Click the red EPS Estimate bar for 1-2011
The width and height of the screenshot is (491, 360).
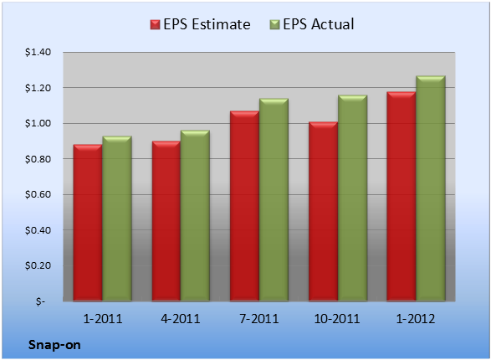click(x=88, y=223)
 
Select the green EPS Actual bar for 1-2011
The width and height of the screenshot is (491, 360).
click(x=117, y=219)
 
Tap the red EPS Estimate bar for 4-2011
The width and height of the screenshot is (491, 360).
click(x=166, y=221)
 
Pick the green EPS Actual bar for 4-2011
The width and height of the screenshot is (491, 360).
click(x=195, y=215)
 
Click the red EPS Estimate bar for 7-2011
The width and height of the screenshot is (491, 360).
click(x=244, y=206)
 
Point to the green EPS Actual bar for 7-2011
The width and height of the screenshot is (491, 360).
click(x=274, y=199)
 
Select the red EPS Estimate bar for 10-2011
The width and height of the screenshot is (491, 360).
click(x=323, y=211)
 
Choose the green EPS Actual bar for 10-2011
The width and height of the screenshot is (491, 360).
click(x=353, y=198)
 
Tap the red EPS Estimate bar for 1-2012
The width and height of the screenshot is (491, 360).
click(x=401, y=196)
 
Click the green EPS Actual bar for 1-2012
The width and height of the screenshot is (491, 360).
click(x=431, y=188)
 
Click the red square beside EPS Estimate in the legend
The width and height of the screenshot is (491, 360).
click(x=155, y=24)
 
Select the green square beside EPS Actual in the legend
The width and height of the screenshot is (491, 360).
click(x=274, y=24)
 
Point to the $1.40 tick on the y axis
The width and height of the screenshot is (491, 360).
click(x=38, y=52)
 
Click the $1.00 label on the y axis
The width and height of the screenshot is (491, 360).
click(x=38, y=123)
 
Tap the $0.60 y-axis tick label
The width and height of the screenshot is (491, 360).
click(x=38, y=194)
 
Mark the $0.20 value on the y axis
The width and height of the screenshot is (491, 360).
click(x=38, y=265)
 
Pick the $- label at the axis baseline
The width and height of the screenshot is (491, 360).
click(x=40, y=301)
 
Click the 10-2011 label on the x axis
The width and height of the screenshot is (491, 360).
click(x=337, y=319)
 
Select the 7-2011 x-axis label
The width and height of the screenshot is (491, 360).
click(x=259, y=319)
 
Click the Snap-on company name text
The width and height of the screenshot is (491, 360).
click(x=54, y=345)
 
